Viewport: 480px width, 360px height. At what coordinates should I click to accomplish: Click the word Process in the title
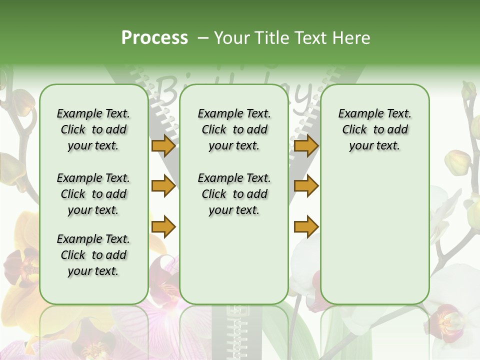pyautogui.click(x=154, y=38)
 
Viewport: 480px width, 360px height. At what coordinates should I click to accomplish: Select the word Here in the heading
pyautogui.click(x=352, y=38)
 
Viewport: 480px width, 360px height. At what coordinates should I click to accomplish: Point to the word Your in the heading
pyautogui.click(x=232, y=38)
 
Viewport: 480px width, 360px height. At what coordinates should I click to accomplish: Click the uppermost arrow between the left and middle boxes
pyautogui.click(x=163, y=146)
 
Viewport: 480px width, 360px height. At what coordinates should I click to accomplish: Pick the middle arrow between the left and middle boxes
pyautogui.click(x=163, y=186)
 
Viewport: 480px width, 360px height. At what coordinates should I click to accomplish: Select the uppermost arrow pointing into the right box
pyautogui.click(x=306, y=146)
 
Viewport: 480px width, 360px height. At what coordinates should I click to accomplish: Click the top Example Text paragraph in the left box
pyautogui.click(x=93, y=129)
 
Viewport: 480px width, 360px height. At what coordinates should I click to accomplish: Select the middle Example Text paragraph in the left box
pyautogui.click(x=93, y=194)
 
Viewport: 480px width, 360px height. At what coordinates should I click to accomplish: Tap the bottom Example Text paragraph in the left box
pyautogui.click(x=93, y=255)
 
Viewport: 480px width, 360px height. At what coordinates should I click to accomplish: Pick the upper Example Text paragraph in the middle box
pyautogui.click(x=234, y=129)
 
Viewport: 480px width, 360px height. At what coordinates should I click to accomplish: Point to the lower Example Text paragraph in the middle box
pyautogui.click(x=234, y=194)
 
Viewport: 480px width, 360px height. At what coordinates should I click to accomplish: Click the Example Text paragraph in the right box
pyautogui.click(x=374, y=129)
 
